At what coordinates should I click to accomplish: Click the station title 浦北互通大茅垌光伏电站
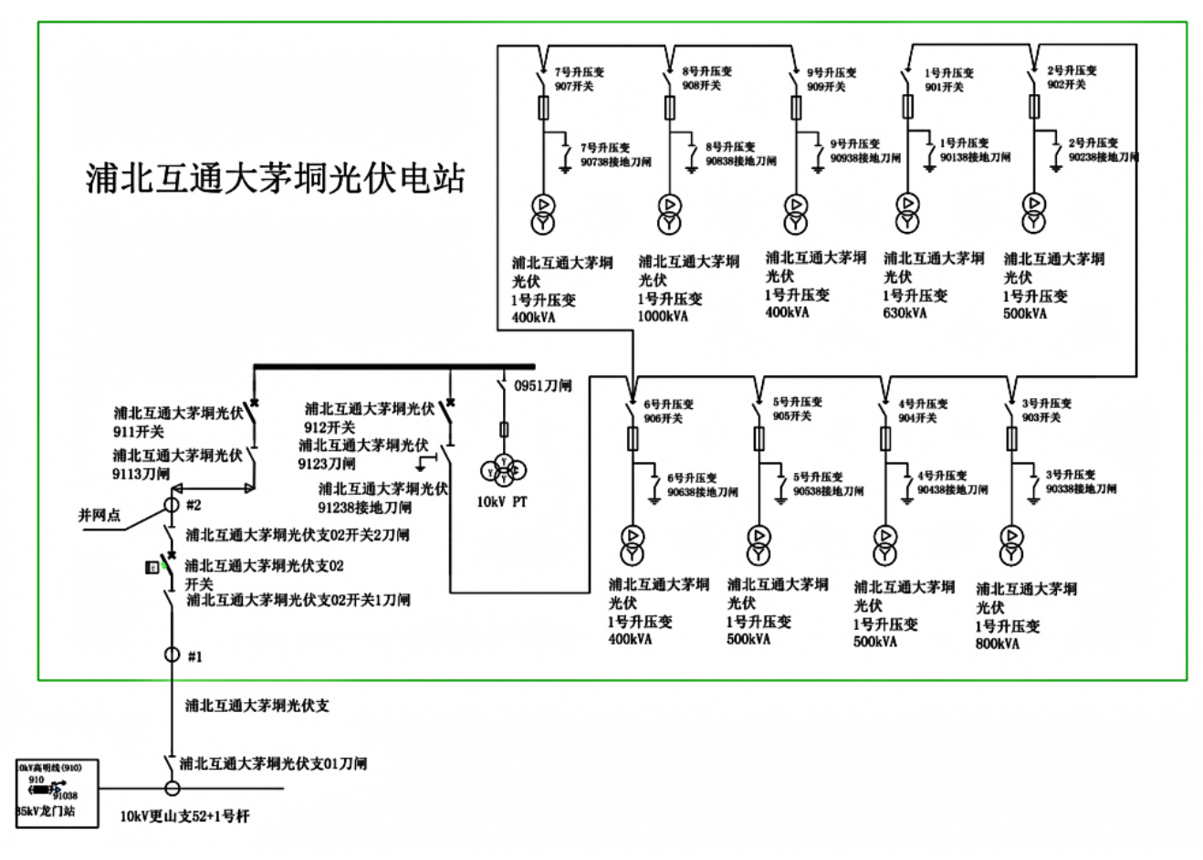(x=275, y=177)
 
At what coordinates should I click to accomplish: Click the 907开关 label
(x=574, y=87)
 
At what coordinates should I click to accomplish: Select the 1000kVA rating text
(x=663, y=317)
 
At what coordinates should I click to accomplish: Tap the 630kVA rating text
(x=905, y=313)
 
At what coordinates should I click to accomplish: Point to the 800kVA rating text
(x=997, y=645)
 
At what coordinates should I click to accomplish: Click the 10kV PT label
(x=502, y=502)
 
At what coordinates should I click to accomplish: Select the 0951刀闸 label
(x=542, y=386)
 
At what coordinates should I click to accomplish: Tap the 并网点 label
(x=99, y=516)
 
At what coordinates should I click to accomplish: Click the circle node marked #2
(x=171, y=504)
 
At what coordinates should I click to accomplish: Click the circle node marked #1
(x=171, y=655)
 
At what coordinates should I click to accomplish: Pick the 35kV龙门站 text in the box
(x=47, y=811)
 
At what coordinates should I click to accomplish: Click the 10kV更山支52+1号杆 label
(x=184, y=816)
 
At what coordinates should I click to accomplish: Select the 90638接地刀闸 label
(x=702, y=493)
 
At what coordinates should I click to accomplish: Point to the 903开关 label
(x=1041, y=418)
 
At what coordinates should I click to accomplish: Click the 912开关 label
(x=330, y=427)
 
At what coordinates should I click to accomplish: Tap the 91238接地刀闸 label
(x=365, y=508)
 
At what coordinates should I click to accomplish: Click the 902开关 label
(x=1066, y=85)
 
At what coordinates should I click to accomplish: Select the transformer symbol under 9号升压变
(x=796, y=213)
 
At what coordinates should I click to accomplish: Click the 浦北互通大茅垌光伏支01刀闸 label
(x=273, y=763)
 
